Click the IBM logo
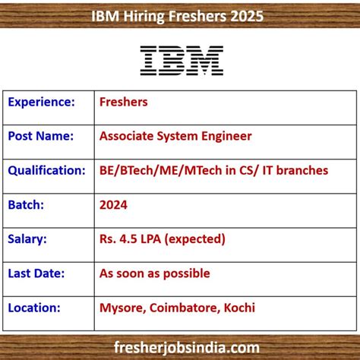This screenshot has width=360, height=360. [182, 60]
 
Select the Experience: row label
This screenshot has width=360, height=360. [41, 102]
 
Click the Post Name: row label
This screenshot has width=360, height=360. [41, 136]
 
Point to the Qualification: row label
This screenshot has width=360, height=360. [47, 170]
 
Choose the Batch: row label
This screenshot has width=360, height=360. [27, 204]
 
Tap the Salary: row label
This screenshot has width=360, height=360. [28, 238]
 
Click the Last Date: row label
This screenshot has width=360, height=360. [37, 273]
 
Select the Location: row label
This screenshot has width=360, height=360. [35, 308]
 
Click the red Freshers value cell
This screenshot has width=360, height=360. [124, 102]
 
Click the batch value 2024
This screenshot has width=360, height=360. [113, 204]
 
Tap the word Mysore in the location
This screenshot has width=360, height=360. [120, 308]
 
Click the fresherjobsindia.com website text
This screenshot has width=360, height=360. [180, 346]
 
